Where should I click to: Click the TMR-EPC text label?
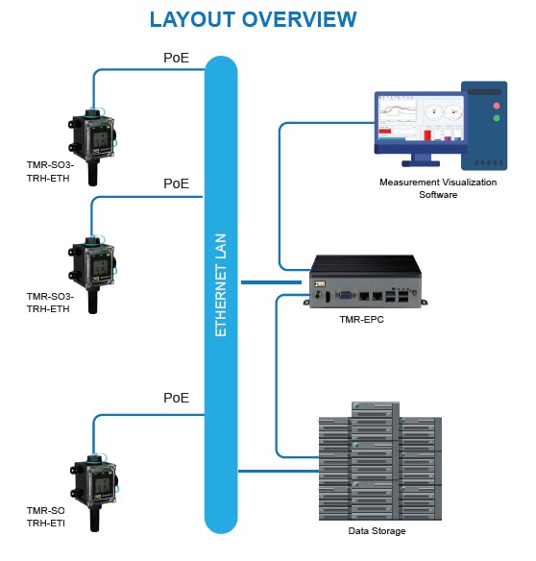tap(361, 319)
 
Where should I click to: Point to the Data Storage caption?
tap(377, 531)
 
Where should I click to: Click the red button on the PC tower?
tap(496, 104)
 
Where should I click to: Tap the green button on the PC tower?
tap(496, 118)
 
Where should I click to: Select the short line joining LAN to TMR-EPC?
tap(273, 282)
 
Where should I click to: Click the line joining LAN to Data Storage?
tap(278, 471)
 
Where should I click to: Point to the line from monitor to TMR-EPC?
tap(280, 192)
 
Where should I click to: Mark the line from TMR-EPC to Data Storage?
tap(277, 375)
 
